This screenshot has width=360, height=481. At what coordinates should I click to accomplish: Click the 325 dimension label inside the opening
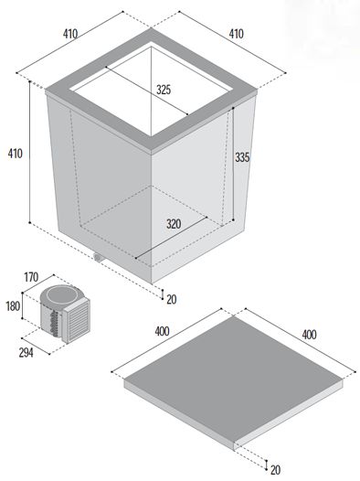coord(164,90)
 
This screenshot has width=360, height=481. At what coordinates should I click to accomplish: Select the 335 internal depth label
coord(242,157)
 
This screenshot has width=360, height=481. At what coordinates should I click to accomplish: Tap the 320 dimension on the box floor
coord(174,224)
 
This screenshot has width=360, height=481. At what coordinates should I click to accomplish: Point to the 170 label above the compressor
coord(32,277)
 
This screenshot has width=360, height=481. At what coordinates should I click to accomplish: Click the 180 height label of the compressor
coord(13,306)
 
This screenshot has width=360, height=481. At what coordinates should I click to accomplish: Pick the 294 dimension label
coord(26,353)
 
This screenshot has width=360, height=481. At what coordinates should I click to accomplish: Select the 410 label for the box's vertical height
coord(15,154)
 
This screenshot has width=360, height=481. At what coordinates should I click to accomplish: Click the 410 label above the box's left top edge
coord(70,34)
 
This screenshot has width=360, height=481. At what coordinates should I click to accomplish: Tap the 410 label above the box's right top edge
coord(237,34)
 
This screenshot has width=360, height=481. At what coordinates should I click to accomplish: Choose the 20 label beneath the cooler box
coord(172,299)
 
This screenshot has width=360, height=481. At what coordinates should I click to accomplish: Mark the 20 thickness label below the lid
coord(275,470)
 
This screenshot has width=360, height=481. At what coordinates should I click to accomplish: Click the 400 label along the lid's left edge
coord(162,331)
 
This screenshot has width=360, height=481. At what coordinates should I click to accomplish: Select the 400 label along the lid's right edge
coord(309,335)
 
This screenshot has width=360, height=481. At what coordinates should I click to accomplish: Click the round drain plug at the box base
coord(98,257)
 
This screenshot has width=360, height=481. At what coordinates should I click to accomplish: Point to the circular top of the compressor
coord(62,294)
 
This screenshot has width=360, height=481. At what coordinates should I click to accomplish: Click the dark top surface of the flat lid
coord(234,379)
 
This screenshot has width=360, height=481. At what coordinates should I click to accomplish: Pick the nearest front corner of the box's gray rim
coord(151,151)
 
